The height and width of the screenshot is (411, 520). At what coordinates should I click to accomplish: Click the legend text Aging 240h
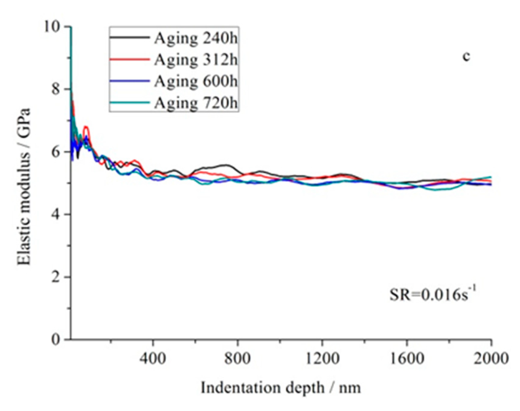pos(196,38)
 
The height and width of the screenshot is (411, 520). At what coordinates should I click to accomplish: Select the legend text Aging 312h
pos(196,60)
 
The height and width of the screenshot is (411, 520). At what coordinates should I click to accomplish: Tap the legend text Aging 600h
pos(196,81)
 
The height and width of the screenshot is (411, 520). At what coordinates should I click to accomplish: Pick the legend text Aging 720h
pos(196,103)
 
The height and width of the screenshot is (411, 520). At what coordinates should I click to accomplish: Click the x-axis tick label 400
pos(153,358)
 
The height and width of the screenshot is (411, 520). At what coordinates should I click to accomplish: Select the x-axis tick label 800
pos(238,358)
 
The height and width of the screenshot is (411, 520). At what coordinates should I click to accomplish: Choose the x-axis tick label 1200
pos(322,358)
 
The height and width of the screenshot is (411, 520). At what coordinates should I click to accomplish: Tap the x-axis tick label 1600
pos(407,358)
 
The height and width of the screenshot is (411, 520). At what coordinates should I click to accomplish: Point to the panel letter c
pos(466,57)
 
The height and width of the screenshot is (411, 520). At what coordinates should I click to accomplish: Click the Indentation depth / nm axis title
pos(281,388)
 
